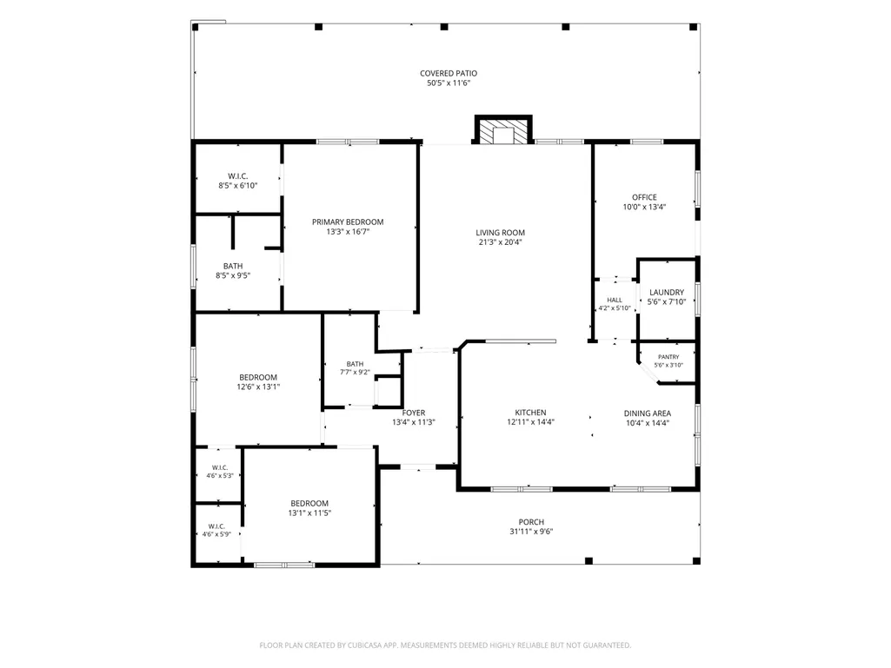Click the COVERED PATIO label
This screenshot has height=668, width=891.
[449, 73]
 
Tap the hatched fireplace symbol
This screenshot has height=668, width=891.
[503, 131]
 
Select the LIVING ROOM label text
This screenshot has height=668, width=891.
[500, 232]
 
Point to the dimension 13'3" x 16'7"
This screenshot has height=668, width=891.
[348, 232]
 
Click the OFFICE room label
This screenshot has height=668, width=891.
[644, 198]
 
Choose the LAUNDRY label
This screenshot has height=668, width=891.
[667, 293]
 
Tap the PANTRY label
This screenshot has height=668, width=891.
[668, 357]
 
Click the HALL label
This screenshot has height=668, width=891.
[615, 300]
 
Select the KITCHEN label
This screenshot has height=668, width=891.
[531, 413]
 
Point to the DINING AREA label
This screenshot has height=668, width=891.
[648, 413]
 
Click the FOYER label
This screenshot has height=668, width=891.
[414, 413]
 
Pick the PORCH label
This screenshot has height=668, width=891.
[531, 522]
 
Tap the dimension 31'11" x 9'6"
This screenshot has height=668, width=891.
[531, 532]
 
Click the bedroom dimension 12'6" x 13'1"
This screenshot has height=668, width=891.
[258, 387]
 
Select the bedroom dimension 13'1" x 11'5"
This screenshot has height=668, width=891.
[309, 513]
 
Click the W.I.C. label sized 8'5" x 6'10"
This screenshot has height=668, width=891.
[237, 176]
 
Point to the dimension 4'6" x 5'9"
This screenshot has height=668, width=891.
[216, 534]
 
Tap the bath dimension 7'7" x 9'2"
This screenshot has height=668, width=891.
[356, 373]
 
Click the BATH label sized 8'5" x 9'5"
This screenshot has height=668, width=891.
[233, 266]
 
